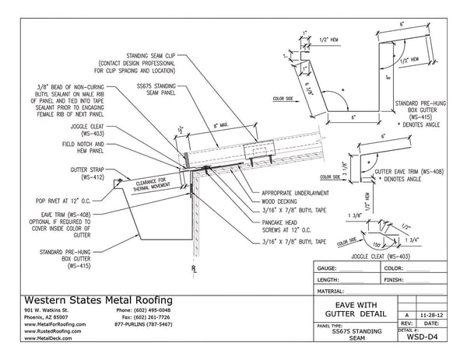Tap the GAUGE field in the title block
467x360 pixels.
click(x=331, y=267)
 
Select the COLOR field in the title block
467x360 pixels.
click(x=395, y=267)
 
